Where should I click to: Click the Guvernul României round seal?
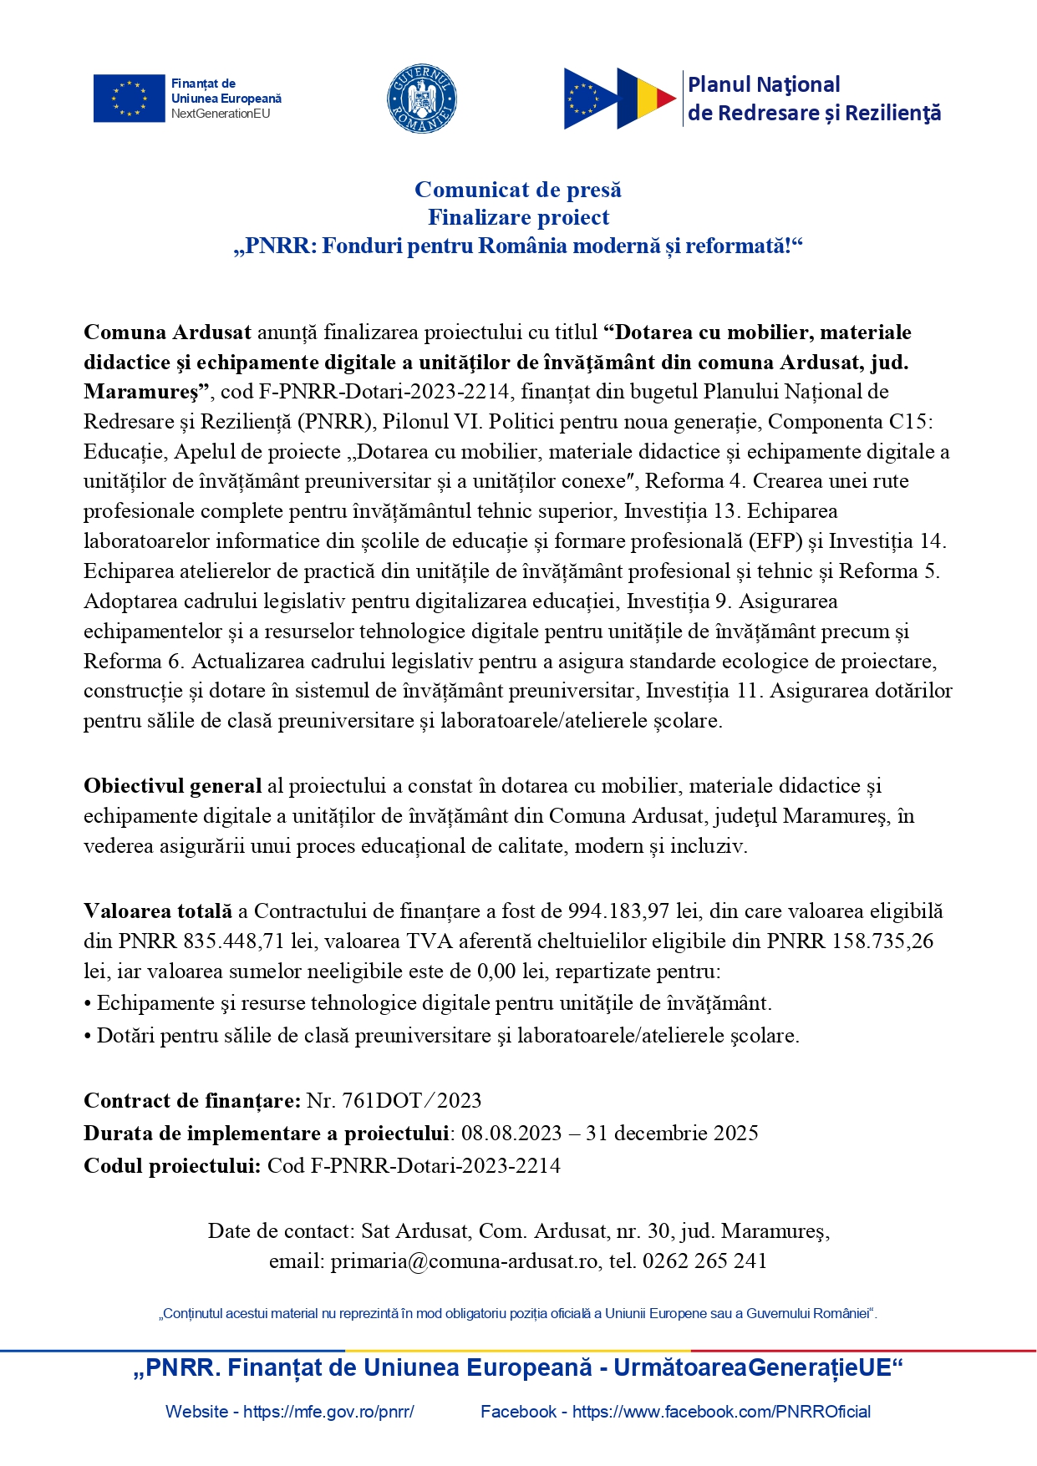click(421, 99)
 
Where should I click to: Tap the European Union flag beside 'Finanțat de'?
click(129, 99)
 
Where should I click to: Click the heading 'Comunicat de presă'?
click(518, 190)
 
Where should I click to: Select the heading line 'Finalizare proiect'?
click(518, 217)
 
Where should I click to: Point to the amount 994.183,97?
click(618, 911)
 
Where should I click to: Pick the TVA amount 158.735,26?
click(882, 941)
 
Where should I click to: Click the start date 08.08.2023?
click(511, 1134)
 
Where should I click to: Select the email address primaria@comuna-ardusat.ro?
click(465, 1261)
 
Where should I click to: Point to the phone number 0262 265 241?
click(704, 1261)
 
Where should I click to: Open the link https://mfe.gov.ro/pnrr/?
click(328, 1412)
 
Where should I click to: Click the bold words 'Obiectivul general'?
click(172, 786)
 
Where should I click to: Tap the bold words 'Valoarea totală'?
click(158, 911)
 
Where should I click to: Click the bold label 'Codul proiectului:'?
click(172, 1166)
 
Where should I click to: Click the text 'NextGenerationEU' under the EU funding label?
click(221, 114)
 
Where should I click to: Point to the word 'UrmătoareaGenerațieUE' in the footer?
click(752, 1367)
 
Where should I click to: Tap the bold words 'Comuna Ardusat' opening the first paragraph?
click(167, 332)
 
